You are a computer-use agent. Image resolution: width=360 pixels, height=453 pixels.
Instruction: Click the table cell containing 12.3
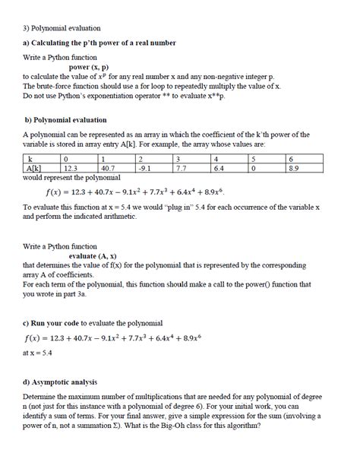click(x=72, y=168)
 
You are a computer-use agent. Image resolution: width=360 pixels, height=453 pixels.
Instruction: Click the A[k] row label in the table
click(x=34, y=168)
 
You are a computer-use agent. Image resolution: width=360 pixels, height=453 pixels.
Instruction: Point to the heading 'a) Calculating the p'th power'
click(x=99, y=43)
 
